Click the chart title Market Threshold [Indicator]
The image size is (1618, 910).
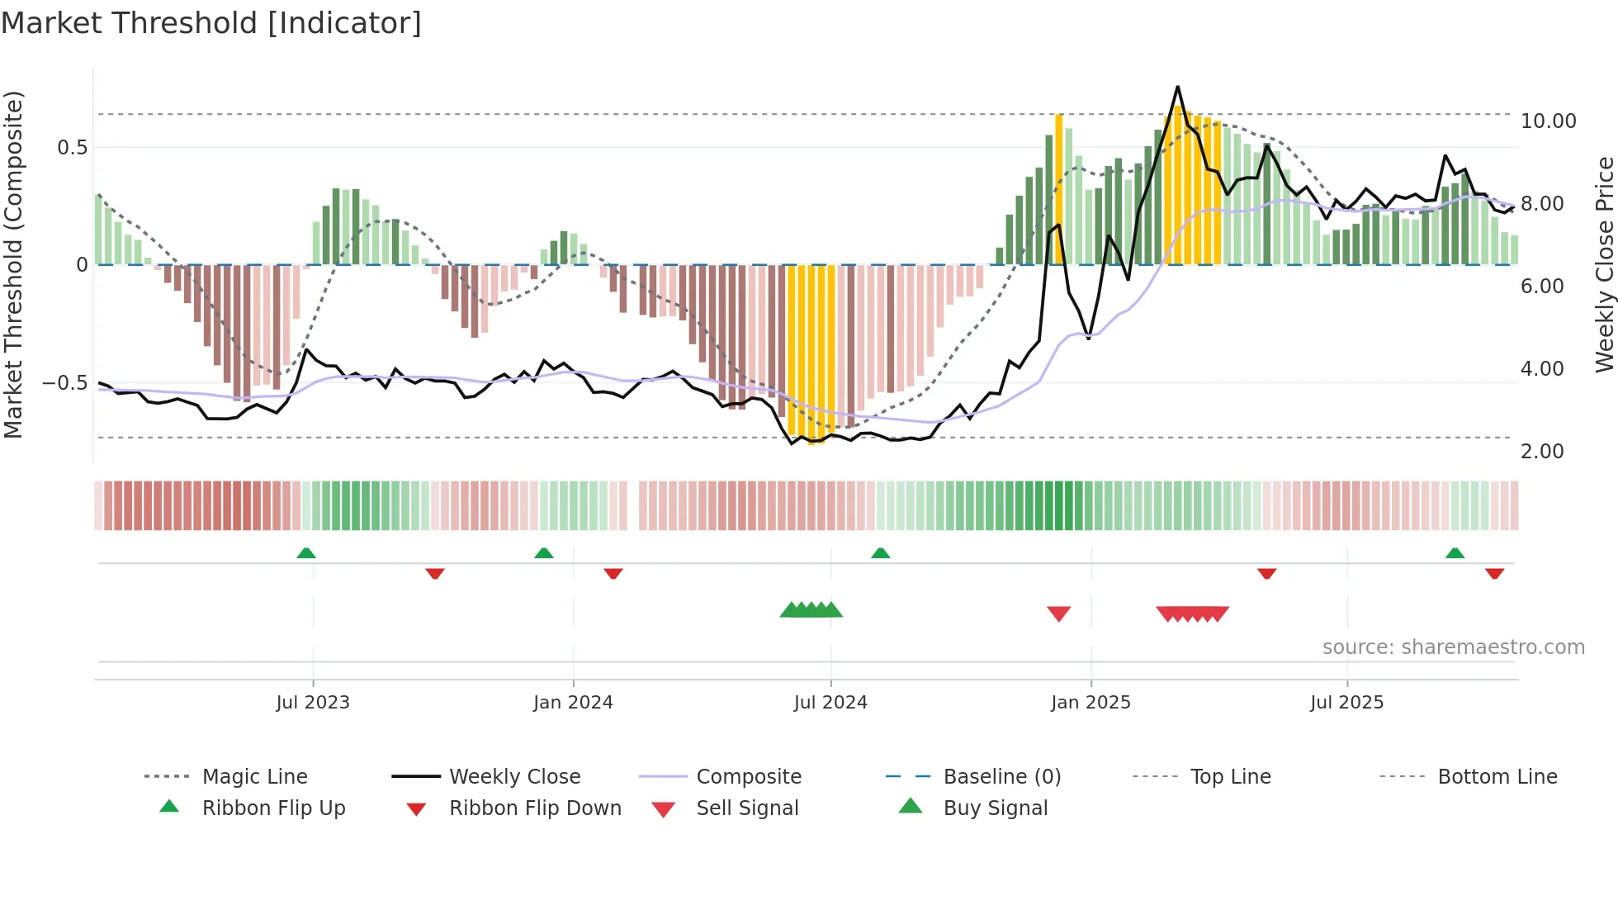[211, 23]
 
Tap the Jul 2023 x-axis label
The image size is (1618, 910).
[313, 703]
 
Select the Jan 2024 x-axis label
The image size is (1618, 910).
[573, 703]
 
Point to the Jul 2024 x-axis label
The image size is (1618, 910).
[830, 703]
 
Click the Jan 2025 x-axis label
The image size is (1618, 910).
[1090, 703]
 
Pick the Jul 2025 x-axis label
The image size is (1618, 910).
[1346, 703]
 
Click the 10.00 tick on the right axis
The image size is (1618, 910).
[1548, 121]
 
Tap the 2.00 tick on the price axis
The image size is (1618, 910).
[1542, 452]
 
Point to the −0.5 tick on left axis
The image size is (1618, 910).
[64, 383]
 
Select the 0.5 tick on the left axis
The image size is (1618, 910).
[72, 148]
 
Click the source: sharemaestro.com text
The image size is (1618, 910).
[1453, 647]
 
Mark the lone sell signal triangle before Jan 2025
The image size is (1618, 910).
[1058, 613]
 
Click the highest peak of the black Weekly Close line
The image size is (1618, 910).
[1177, 87]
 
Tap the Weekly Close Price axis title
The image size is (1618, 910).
[1604, 264]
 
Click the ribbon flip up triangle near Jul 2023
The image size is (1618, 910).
[306, 553]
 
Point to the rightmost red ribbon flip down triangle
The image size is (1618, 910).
[1494, 573]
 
